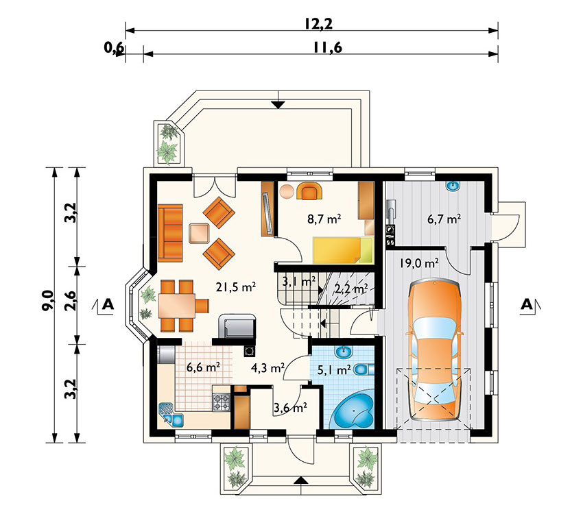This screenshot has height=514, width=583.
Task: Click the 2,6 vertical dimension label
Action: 71,302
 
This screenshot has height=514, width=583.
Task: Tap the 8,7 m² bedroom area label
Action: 324,219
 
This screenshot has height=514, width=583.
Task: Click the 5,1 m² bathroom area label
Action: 334,370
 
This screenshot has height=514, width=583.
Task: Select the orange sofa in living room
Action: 170,233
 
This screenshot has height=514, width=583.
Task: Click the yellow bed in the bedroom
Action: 342,249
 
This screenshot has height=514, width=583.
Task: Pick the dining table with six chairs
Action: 180,306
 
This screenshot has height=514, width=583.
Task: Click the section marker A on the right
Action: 527,304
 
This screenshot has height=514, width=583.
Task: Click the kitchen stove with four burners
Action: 221,402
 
